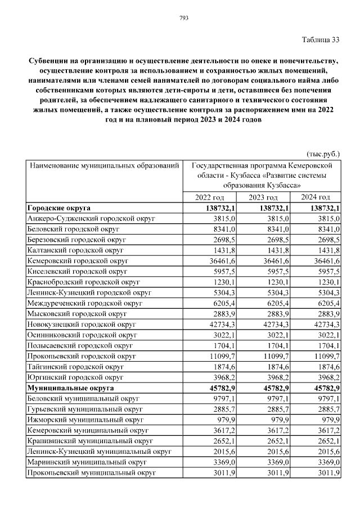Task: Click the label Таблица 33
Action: point(321,39)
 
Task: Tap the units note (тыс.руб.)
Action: point(323,154)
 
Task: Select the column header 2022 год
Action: point(209,197)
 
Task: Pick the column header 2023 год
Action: point(263,197)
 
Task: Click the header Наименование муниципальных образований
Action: point(104,166)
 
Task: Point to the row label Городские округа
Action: point(59,208)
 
